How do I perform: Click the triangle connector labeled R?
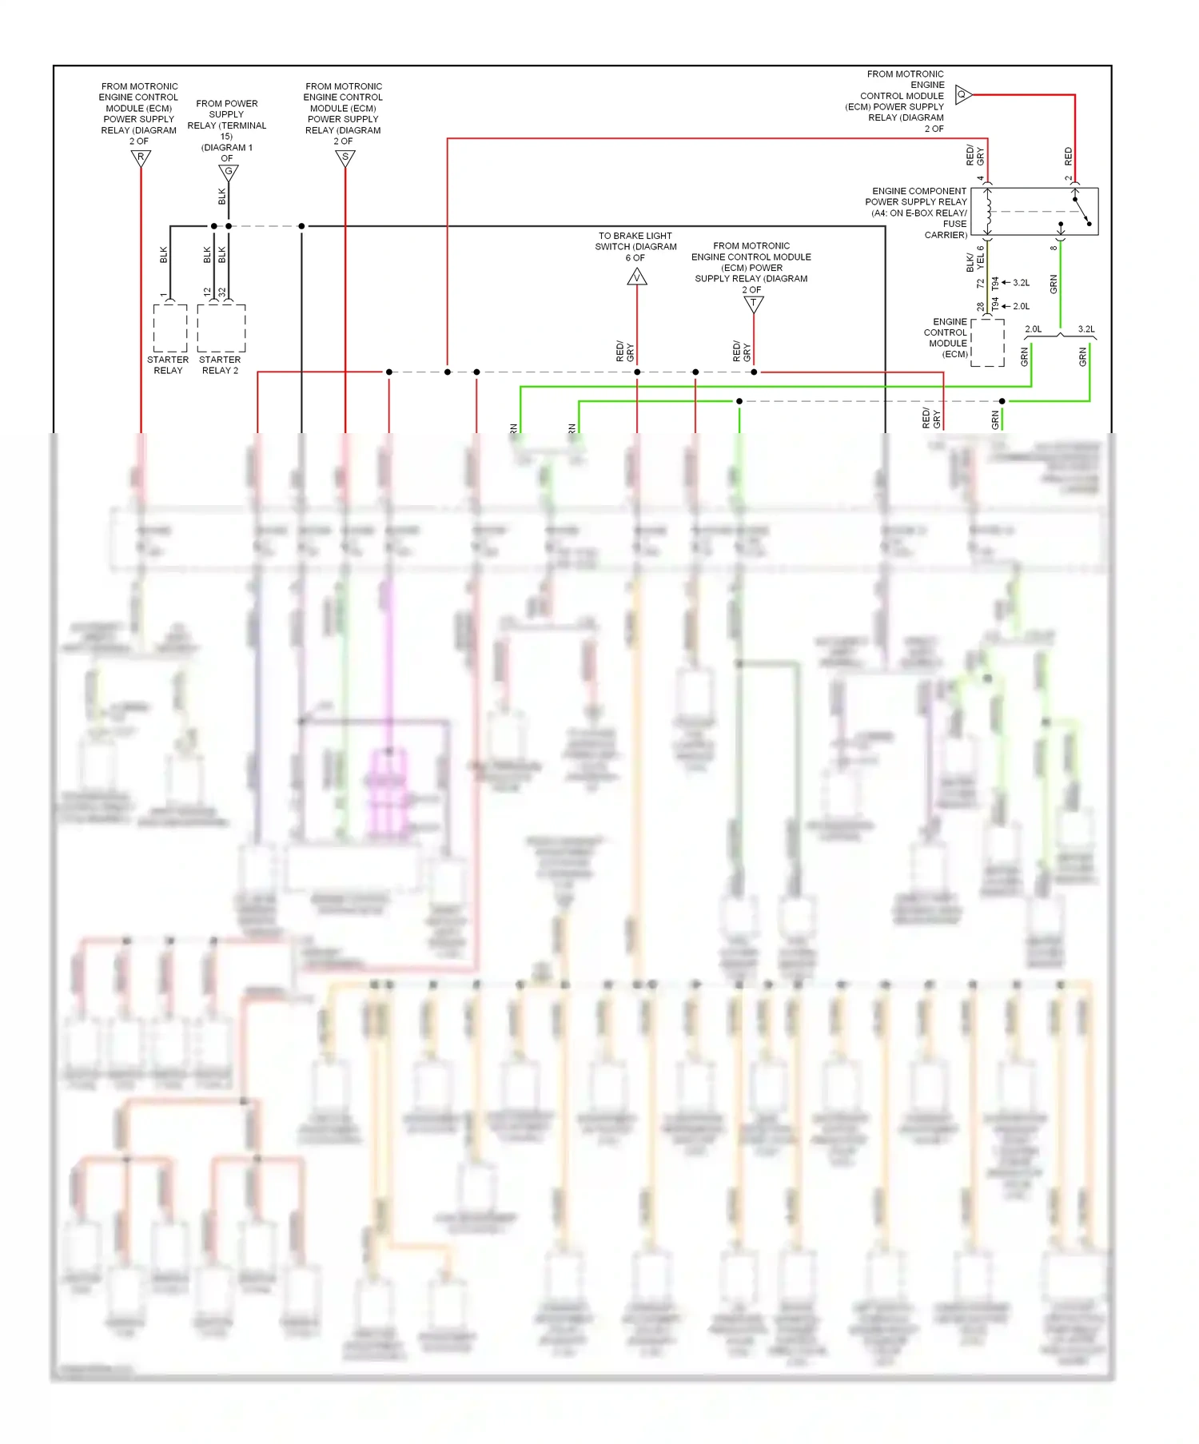coord(141,158)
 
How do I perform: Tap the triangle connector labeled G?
coord(229,173)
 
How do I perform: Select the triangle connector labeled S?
coord(345,158)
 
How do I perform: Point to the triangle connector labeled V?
coord(637,277)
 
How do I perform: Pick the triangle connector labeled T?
coord(753,304)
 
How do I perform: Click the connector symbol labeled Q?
coord(963,95)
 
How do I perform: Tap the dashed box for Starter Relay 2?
coord(221,328)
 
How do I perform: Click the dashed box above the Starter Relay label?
coord(170,328)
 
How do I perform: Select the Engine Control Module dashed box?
coord(988,343)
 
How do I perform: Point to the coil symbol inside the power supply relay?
coord(989,212)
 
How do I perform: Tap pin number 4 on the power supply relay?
coord(981,178)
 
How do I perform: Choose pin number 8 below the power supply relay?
coord(1054,247)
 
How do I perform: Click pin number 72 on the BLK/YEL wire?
coord(981,283)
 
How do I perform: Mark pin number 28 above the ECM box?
coord(981,307)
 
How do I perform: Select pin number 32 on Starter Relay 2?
coord(222,292)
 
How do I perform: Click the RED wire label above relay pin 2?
coord(1069,156)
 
